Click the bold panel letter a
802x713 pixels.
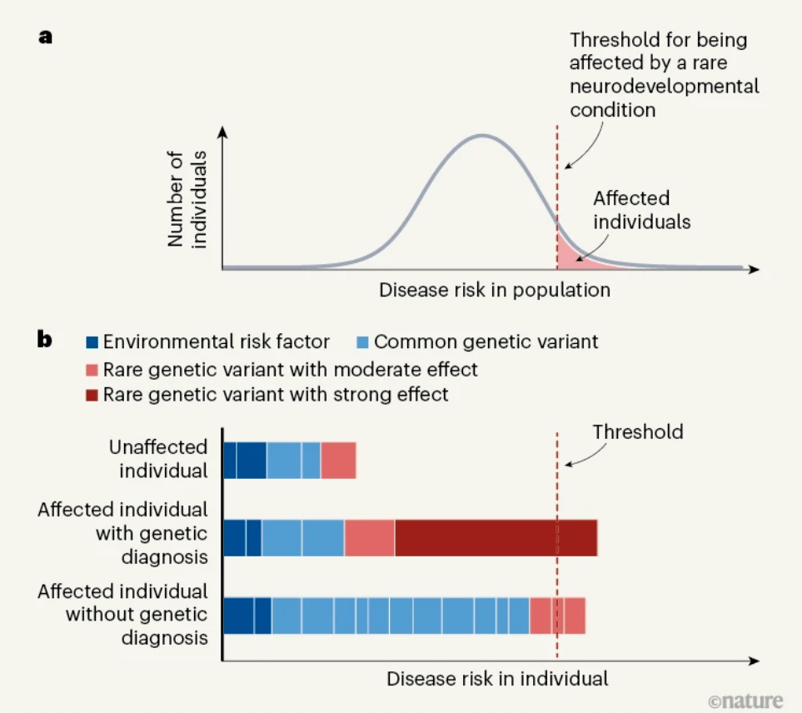pyautogui.click(x=45, y=37)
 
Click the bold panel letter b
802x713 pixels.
pyautogui.click(x=44, y=339)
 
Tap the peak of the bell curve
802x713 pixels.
pyautogui.click(x=482, y=136)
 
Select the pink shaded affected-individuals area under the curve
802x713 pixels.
pyautogui.click(x=573, y=254)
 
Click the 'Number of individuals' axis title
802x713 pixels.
pyautogui.click(x=187, y=199)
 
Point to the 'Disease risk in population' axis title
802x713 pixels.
pyautogui.click(x=495, y=290)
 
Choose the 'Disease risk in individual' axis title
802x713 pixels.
pyautogui.click(x=497, y=679)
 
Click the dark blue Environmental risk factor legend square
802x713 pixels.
pyautogui.click(x=92, y=342)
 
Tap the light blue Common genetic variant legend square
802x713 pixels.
pyautogui.click(x=362, y=342)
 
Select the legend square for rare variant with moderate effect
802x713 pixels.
pyautogui.click(x=92, y=370)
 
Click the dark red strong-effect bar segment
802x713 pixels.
pyautogui.click(x=496, y=537)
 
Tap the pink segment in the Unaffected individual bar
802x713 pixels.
pyautogui.click(x=338, y=461)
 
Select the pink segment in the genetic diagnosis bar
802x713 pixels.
pyautogui.click(x=369, y=537)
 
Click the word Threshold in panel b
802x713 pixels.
pyautogui.click(x=638, y=432)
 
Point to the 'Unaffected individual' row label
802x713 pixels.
pyautogui.click(x=158, y=459)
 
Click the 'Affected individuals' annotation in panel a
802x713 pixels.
pyautogui.click(x=642, y=210)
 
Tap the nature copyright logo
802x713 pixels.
pyautogui.click(x=745, y=701)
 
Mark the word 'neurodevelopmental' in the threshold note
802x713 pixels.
pyautogui.click(x=665, y=86)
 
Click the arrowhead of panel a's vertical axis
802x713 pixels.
pyautogui.click(x=222, y=132)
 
